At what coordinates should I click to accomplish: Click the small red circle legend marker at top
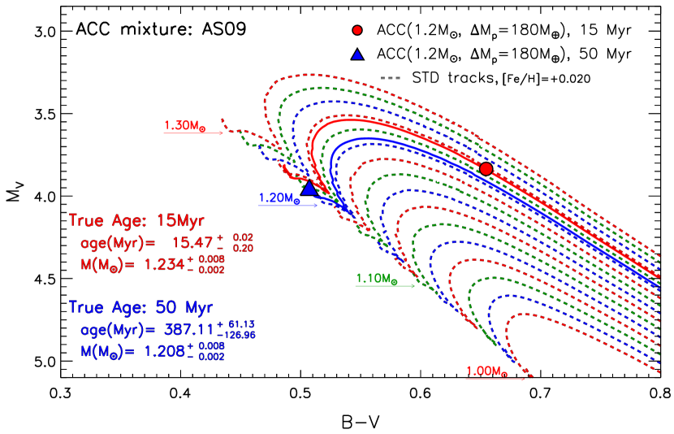357,30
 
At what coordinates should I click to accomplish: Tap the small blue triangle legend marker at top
357,55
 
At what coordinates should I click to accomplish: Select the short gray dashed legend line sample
391,78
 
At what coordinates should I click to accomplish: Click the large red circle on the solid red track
486,168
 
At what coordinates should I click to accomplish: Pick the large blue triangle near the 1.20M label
309,188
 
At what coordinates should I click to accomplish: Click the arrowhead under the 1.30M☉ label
220,132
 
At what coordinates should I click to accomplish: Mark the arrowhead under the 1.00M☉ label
522,378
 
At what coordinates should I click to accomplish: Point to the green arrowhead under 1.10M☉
413,286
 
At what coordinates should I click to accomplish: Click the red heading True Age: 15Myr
136,220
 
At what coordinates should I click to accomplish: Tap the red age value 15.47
192,242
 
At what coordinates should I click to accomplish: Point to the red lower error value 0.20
243,248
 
